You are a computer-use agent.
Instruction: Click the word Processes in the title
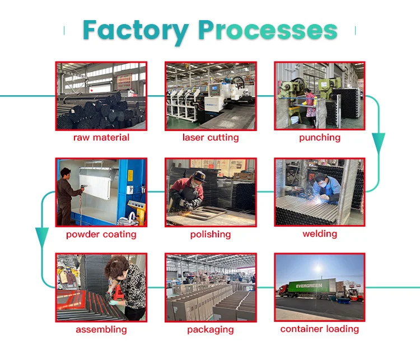[268, 30]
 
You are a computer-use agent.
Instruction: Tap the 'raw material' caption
[101, 137]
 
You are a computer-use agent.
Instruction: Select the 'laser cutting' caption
[211, 138]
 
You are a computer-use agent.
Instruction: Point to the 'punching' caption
[320, 138]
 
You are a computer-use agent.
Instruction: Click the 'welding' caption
[320, 234]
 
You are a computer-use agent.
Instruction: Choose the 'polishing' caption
[211, 235]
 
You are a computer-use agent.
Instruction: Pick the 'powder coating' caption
[101, 235]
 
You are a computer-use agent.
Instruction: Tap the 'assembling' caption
[101, 330]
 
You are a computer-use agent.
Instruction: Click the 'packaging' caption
[211, 330]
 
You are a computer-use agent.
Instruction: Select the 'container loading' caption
[320, 329]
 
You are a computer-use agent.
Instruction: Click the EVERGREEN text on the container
[309, 286]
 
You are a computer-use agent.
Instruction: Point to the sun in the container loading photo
[318, 268]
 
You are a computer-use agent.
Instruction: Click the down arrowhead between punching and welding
[379, 143]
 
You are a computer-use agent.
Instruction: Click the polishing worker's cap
[199, 176]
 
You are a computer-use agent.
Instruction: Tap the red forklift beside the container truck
[355, 294]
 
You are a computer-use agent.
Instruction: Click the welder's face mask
[324, 184]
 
